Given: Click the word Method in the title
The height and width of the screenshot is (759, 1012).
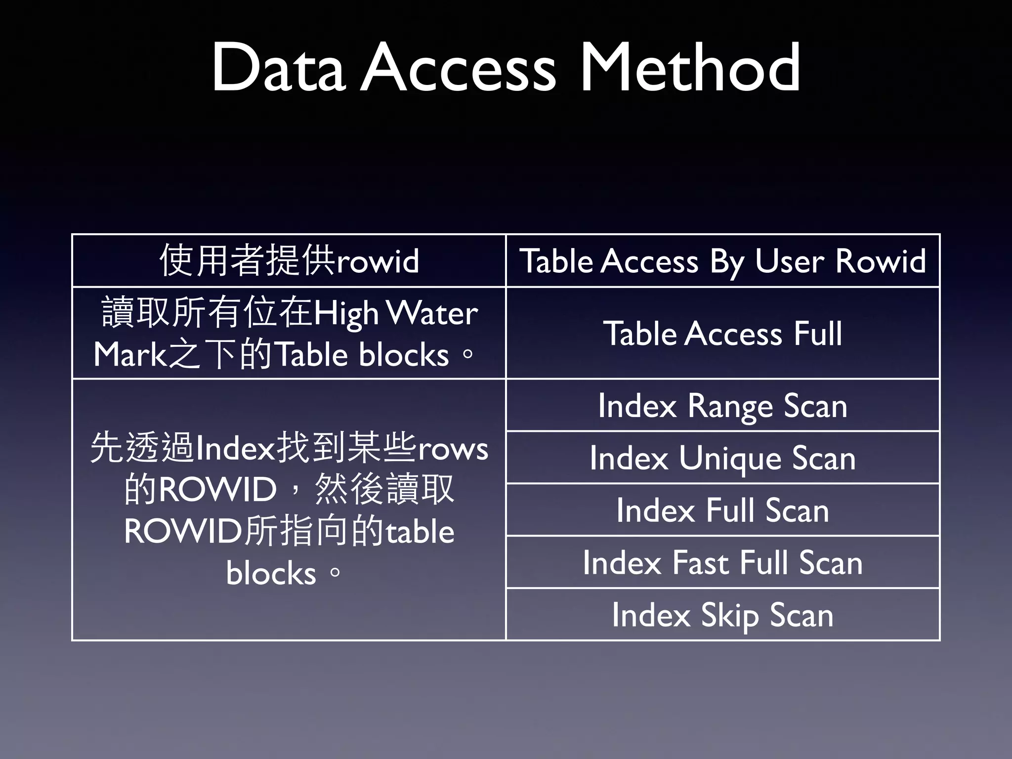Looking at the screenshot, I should pos(690,68).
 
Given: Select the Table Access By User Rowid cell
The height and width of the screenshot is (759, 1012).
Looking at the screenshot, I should pos(722,261).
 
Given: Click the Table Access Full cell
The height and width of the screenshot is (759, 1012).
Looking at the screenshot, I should pos(722,334).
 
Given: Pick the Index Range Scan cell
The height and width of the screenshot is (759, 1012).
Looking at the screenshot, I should pos(722,406).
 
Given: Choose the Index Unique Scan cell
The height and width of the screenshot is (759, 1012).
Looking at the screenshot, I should pos(722,458).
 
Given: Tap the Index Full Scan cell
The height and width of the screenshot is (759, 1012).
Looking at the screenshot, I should pos(722,510).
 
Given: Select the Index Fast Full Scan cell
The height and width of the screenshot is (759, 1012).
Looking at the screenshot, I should pos(722,563).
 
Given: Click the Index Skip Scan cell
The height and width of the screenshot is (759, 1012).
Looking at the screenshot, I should pos(722,615).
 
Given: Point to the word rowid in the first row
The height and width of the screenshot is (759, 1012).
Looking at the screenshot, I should pos(377,261).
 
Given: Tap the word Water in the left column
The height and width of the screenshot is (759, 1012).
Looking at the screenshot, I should pos(432,313).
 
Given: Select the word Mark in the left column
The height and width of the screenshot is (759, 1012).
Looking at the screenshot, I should pos(130,355).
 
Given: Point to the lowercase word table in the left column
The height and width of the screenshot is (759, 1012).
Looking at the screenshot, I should pos(420,532).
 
